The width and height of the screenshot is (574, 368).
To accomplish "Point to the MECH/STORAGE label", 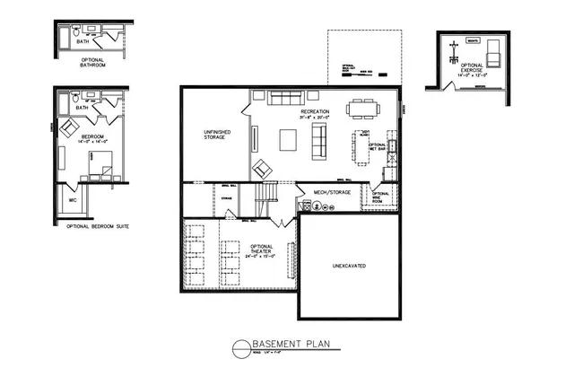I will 332,192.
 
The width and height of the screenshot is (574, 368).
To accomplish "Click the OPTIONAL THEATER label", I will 260,251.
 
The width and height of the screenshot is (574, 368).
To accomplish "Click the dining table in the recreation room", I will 363,108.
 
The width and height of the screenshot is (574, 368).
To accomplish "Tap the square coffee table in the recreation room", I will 289,139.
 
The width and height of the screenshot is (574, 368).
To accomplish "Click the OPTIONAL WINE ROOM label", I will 380,197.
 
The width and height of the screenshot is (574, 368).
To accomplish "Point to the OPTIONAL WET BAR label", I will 378,148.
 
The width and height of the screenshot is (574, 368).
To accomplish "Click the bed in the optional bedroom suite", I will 100,163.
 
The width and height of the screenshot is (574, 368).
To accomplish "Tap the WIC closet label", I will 73,200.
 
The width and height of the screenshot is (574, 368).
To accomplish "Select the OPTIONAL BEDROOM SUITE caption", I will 98,226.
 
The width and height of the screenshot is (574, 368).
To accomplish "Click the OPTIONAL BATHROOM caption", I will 90,63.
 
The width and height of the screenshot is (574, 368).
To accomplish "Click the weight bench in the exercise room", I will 454,49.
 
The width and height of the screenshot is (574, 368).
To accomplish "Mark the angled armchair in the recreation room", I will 263,167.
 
